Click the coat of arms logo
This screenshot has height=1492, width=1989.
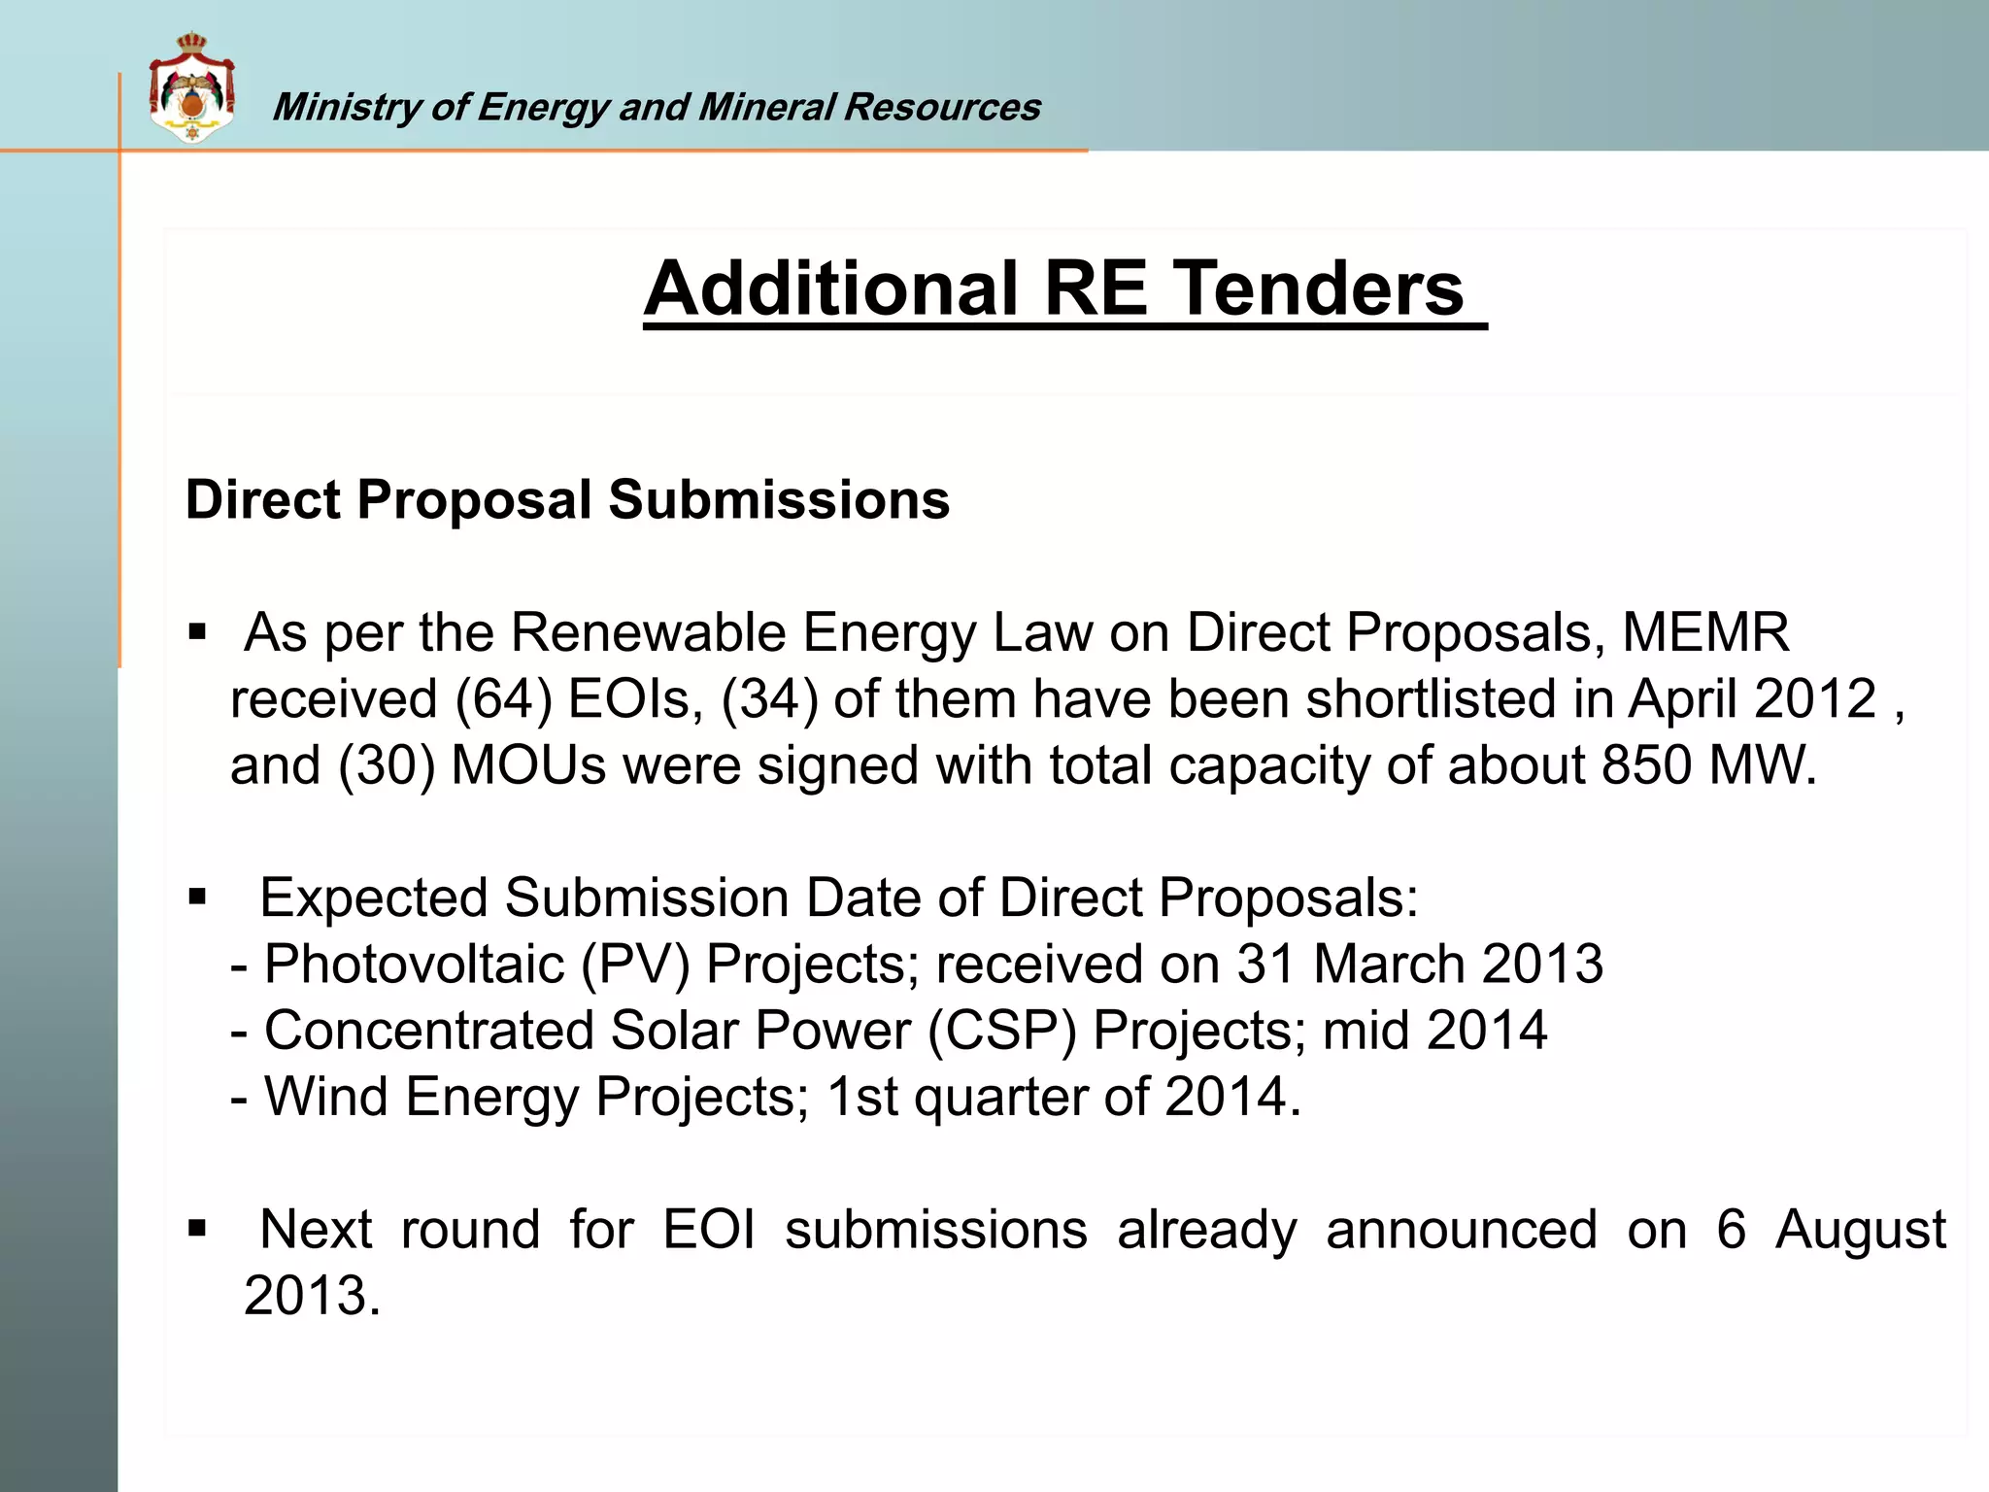pos(191,88)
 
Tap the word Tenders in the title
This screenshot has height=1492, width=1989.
pos(1320,288)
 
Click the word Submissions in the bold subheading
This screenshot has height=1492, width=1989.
pos(779,500)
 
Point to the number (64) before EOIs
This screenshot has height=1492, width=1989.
pos(503,699)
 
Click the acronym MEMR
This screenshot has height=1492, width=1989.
pos(1705,633)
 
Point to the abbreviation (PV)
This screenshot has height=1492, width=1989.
pos(635,965)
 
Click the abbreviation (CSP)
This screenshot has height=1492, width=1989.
pos(1002,1031)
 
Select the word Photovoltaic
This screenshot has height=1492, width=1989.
pos(415,965)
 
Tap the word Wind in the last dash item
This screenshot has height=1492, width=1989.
pos(326,1097)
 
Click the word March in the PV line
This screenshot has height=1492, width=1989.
pos(1389,965)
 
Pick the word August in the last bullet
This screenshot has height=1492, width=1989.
pos(1860,1230)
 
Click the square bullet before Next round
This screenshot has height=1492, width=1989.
pos(198,1230)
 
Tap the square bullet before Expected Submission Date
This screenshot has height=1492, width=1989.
pos(198,898)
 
